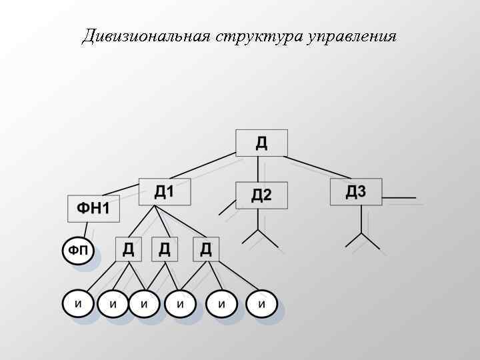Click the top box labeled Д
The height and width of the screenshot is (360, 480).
261,143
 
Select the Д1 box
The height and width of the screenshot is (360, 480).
164,192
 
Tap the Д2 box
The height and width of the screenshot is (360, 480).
261,195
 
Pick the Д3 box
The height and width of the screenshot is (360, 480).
356,192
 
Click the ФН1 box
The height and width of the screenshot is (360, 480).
93,209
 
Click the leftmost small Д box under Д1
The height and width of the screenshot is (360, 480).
128,249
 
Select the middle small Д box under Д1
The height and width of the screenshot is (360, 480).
165,249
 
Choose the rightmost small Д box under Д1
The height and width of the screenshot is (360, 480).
206,249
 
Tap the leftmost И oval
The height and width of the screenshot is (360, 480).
78,304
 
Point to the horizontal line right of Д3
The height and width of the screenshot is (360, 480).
399,198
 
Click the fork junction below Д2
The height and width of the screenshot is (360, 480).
258,231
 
